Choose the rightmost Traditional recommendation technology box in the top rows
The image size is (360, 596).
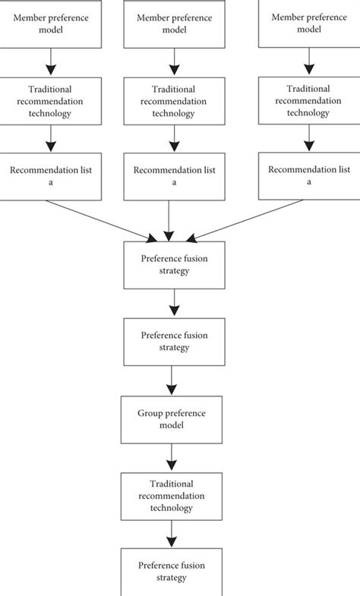coord(308,101)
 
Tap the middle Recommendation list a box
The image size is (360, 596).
coord(175,175)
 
